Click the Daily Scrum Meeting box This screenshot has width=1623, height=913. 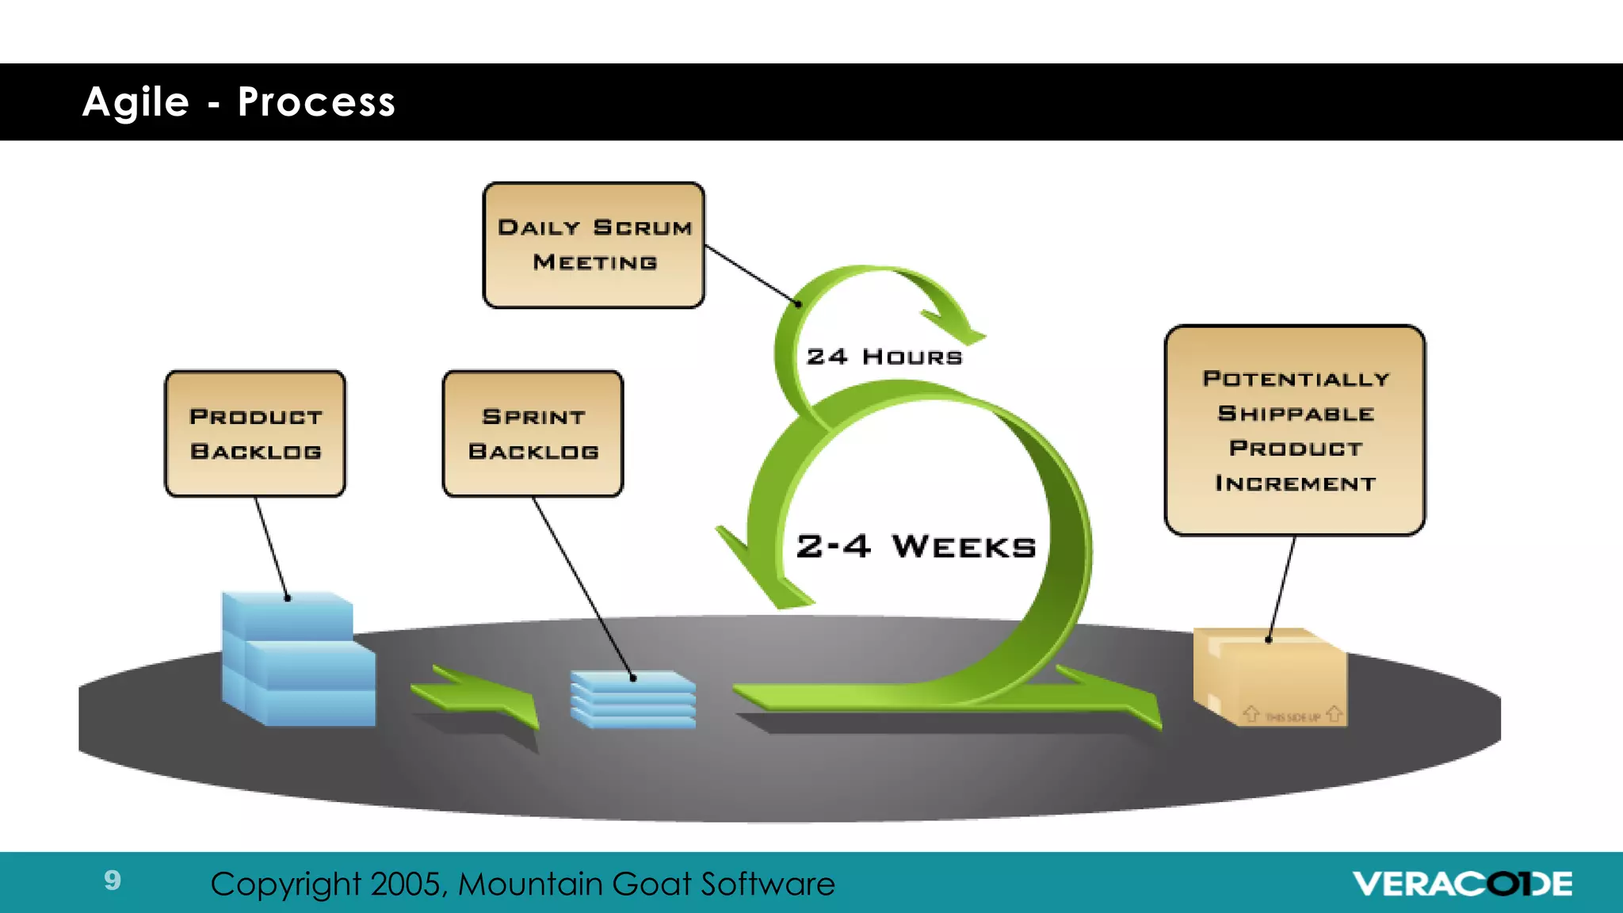click(x=594, y=245)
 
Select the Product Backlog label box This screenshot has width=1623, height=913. click(x=255, y=434)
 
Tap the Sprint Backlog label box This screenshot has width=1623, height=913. click(x=533, y=434)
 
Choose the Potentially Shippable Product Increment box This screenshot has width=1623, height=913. click(x=1294, y=430)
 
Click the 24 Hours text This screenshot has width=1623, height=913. click(x=884, y=357)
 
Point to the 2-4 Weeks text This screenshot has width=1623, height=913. click(x=916, y=546)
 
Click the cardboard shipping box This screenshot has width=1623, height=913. click(x=1270, y=675)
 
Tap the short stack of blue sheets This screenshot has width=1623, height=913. click(x=633, y=699)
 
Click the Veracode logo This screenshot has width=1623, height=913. click(x=1462, y=884)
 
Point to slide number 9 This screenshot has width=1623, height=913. click(x=113, y=880)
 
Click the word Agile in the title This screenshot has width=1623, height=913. click(x=136, y=102)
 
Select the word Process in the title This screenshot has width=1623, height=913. click(x=316, y=102)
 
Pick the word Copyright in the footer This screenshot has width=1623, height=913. click(x=285, y=884)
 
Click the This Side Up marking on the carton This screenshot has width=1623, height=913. click(x=1293, y=716)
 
